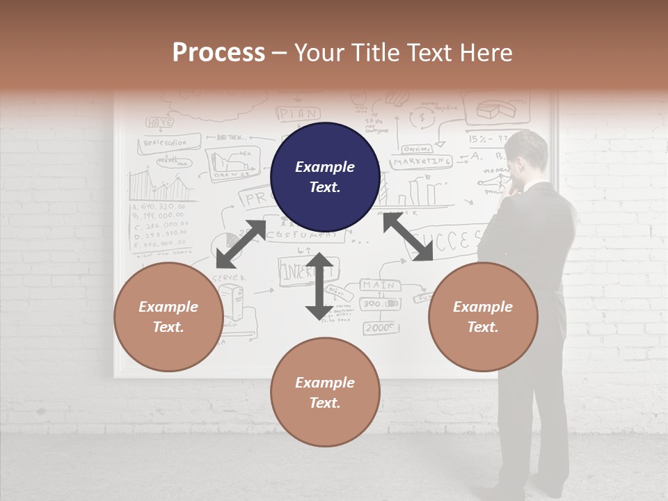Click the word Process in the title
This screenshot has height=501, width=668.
[x=218, y=53]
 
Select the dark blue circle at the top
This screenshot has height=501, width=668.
[x=325, y=177]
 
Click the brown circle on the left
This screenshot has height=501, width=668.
[x=168, y=317]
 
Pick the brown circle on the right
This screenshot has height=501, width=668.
[x=483, y=317]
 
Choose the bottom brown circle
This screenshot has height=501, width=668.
[x=325, y=392]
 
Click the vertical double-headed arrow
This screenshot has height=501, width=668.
[x=319, y=286]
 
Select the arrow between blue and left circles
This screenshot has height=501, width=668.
[x=241, y=244]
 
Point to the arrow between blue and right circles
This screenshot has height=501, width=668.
[x=408, y=237]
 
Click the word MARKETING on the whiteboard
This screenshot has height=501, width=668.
[x=421, y=161]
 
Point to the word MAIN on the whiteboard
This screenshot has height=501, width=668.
[x=379, y=285]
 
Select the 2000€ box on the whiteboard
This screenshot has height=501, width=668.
[x=379, y=327]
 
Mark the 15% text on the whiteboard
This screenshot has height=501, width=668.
[x=479, y=139]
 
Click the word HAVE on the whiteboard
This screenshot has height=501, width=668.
[x=159, y=122]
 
